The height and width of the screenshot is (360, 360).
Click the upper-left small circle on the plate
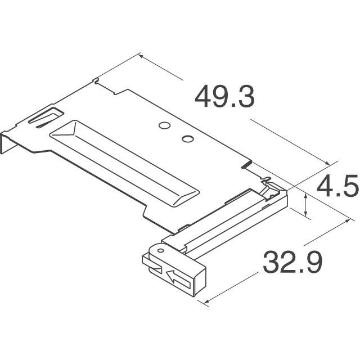point(164,126)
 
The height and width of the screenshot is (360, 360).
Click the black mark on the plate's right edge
point(245,164)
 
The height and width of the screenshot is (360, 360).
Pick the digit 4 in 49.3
point(204,97)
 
